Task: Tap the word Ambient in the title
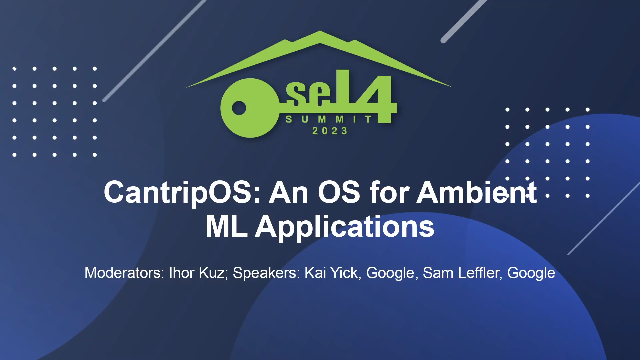click(x=477, y=193)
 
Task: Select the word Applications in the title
click(x=345, y=227)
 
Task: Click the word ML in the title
click(x=226, y=227)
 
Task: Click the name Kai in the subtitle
click(x=315, y=273)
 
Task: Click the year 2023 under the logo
click(x=330, y=131)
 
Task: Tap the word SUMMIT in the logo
click(x=329, y=119)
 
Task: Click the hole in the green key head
click(x=239, y=108)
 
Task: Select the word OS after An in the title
click(x=339, y=193)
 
